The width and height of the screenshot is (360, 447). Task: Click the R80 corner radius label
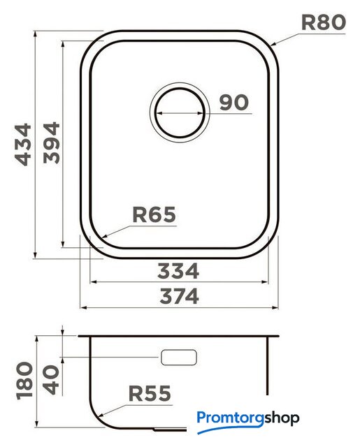pos(324,22)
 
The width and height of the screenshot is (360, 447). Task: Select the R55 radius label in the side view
pos(150,393)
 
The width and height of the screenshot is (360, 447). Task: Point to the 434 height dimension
pos(23,145)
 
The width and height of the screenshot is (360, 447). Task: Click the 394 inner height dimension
pos(52,142)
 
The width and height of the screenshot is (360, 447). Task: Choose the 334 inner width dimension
pos(178,271)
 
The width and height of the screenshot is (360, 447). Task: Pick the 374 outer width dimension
pos(179,296)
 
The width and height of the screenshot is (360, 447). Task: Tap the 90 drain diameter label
pos(234,103)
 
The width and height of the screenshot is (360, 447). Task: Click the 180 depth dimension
pos(25,381)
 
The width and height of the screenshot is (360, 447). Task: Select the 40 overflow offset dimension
pos(51,380)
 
